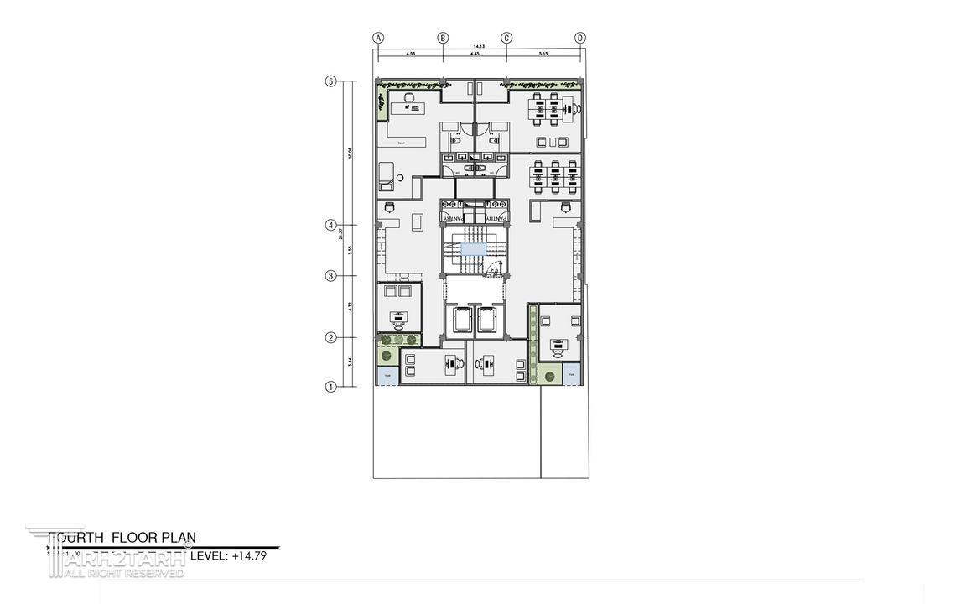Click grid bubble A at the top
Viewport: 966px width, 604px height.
click(x=378, y=38)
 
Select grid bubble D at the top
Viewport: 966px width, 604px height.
click(x=580, y=38)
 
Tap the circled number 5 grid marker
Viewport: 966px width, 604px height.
click(x=330, y=81)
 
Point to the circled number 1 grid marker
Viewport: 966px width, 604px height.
click(x=330, y=387)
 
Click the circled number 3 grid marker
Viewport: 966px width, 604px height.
click(x=330, y=276)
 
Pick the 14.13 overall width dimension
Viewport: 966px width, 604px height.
click(x=478, y=46)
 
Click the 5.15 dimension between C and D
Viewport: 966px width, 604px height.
click(x=543, y=54)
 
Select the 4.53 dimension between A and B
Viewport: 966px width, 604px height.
click(x=410, y=54)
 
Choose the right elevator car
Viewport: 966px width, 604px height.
click(x=487, y=320)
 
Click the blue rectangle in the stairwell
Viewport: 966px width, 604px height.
click(x=473, y=249)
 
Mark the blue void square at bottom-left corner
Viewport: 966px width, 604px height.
click(x=387, y=376)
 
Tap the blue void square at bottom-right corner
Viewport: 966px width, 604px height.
click(x=572, y=374)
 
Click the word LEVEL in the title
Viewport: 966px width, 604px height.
click(x=209, y=555)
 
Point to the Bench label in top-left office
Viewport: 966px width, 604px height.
click(x=402, y=143)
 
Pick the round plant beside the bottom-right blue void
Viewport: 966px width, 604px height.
click(x=550, y=376)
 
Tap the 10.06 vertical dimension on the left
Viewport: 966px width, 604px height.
click(x=349, y=153)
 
